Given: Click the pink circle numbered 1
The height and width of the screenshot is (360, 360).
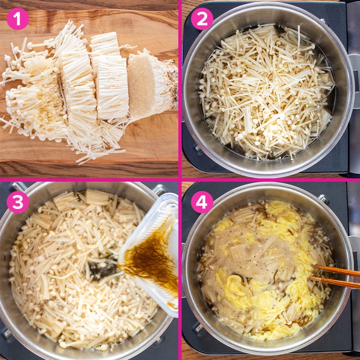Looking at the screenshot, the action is pyautogui.click(x=17, y=19).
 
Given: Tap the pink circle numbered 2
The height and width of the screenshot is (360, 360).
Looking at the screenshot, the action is pyautogui.click(x=202, y=19).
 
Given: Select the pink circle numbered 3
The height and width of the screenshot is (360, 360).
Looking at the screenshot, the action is pyautogui.click(x=17, y=202).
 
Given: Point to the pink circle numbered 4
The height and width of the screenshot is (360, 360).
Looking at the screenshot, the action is pyautogui.click(x=202, y=202).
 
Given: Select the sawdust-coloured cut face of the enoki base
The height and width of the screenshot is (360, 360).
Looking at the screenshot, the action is pyautogui.click(x=141, y=86).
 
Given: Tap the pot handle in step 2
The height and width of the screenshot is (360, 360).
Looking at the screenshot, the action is pyautogui.click(x=354, y=76).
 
